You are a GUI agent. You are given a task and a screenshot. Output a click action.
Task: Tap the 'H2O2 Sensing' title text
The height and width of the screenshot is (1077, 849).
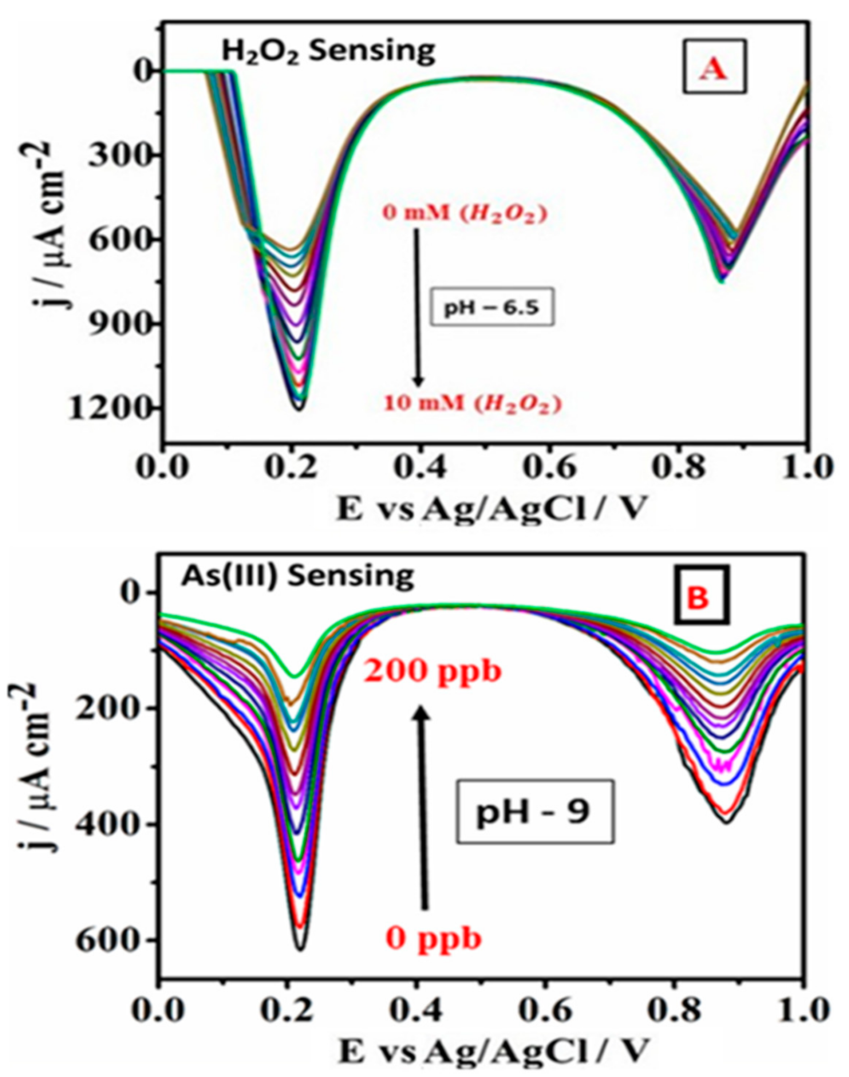328,52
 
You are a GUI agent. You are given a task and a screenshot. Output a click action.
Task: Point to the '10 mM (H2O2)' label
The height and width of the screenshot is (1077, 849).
472,403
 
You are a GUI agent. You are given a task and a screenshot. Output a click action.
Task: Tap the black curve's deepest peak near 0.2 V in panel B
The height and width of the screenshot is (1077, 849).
301,949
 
